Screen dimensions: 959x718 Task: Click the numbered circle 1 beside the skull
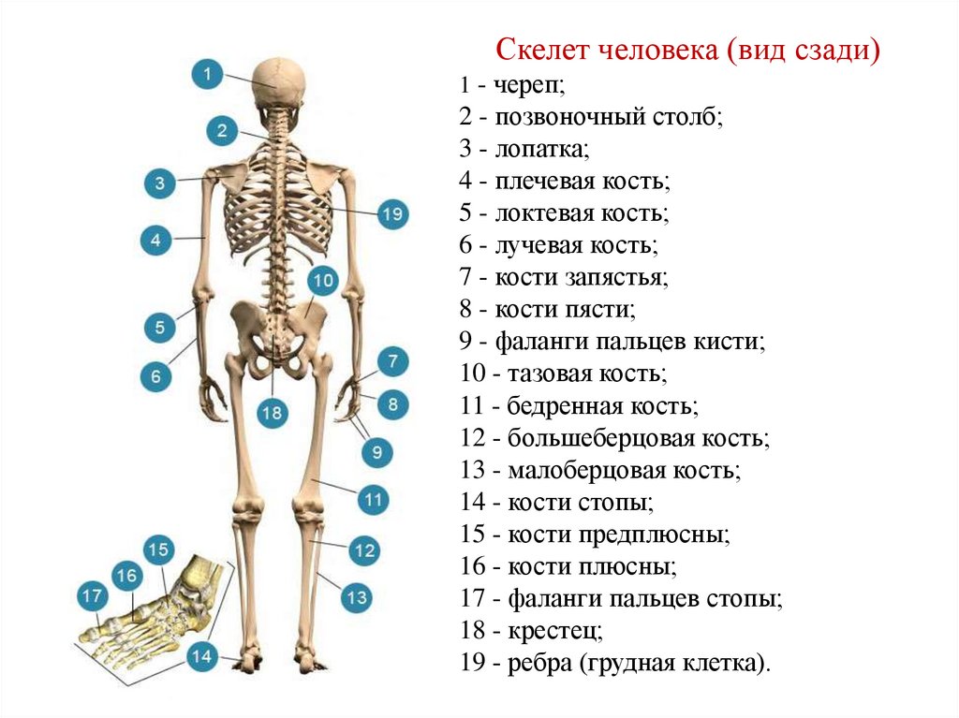coord(207,74)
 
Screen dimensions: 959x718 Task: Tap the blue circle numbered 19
coord(392,214)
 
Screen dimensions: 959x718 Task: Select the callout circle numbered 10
coord(322,280)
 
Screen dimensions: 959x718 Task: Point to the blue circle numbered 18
coord(272,413)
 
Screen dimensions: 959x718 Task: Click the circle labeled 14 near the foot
coord(202,657)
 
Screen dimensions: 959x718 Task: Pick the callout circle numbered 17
coord(92,595)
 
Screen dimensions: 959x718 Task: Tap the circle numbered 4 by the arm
coord(156,241)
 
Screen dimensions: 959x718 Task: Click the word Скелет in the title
coord(531,48)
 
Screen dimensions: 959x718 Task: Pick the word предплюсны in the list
coord(664,535)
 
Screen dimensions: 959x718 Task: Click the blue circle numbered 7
coord(391,361)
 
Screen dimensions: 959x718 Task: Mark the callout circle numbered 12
coord(363,550)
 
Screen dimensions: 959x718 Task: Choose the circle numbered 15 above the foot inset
coord(157,549)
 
